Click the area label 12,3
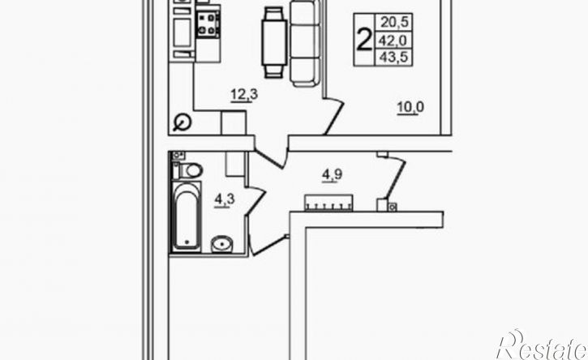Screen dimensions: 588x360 pos(244,95)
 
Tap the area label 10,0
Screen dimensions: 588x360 pos(410,108)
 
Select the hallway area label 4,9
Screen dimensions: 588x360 pos(333,175)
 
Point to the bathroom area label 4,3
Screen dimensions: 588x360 pos(225,199)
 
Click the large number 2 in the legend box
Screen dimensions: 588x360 pos(364,40)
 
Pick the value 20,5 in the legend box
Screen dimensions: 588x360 pos(394,22)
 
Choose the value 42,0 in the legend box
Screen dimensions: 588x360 pos(394,40)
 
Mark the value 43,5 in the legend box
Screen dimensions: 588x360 pos(394,57)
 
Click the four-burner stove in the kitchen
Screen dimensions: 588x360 pos(208,24)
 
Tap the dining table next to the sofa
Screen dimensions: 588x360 pos(274,42)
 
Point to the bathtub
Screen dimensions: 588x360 pos(187,216)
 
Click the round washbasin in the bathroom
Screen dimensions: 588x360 pos(221,244)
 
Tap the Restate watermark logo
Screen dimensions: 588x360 pos(542,345)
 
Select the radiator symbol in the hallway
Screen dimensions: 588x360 pos(329,203)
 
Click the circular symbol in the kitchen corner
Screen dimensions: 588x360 pos(183,122)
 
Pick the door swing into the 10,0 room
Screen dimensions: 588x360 pos(333,115)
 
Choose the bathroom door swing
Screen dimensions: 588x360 pos(255,201)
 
